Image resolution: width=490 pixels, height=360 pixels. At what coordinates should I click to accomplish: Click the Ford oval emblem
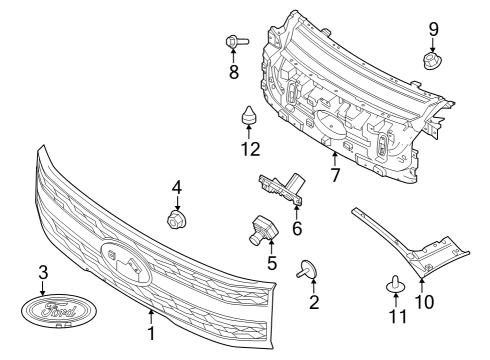pyautogui.click(x=59, y=311)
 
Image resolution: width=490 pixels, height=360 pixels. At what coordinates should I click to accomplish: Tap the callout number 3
pyautogui.click(x=43, y=272)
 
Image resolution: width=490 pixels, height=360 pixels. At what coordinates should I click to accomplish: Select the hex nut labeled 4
pyautogui.click(x=177, y=220)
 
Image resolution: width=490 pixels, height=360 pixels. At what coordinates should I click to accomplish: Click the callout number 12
pyautogui.click(x=250, y=149)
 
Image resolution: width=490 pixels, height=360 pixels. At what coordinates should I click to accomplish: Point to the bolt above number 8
pyautogui.click(x=237, y=42)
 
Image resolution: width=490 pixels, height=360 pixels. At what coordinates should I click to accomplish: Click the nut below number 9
pyautogui.click(x=432, y=61)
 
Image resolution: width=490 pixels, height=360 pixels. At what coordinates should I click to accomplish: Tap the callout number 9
pyautogui.click(x=433, y=30)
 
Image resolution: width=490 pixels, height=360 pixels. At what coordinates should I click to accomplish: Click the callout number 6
pyautogui.click(x=297, y=229)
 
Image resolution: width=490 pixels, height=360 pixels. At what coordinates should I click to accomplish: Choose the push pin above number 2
pyautogui.click(x=307, y=269)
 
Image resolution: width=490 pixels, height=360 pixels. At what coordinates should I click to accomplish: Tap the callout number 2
pyautogui.click(x=314, y=302)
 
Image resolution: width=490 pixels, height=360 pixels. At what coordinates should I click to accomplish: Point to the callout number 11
pyautogui.click(x=398, y=316)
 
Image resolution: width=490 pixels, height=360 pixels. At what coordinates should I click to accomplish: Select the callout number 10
pyautogui.click(x=424, y=301)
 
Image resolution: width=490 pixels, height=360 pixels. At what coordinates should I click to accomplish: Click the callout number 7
pyautogui.click(x=335, y=175)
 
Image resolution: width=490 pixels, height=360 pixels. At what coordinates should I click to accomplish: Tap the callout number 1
pyautogui.click(x=151, y=333)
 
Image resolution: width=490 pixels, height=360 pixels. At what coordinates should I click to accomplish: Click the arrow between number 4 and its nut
pyautogui.click(x=177, y=203)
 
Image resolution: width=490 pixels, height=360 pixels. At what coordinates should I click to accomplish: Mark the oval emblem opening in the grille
pyautogui.click(x=126, y=263)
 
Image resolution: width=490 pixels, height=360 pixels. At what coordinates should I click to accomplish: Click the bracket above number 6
pyautogui.click(x=282, y=188)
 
